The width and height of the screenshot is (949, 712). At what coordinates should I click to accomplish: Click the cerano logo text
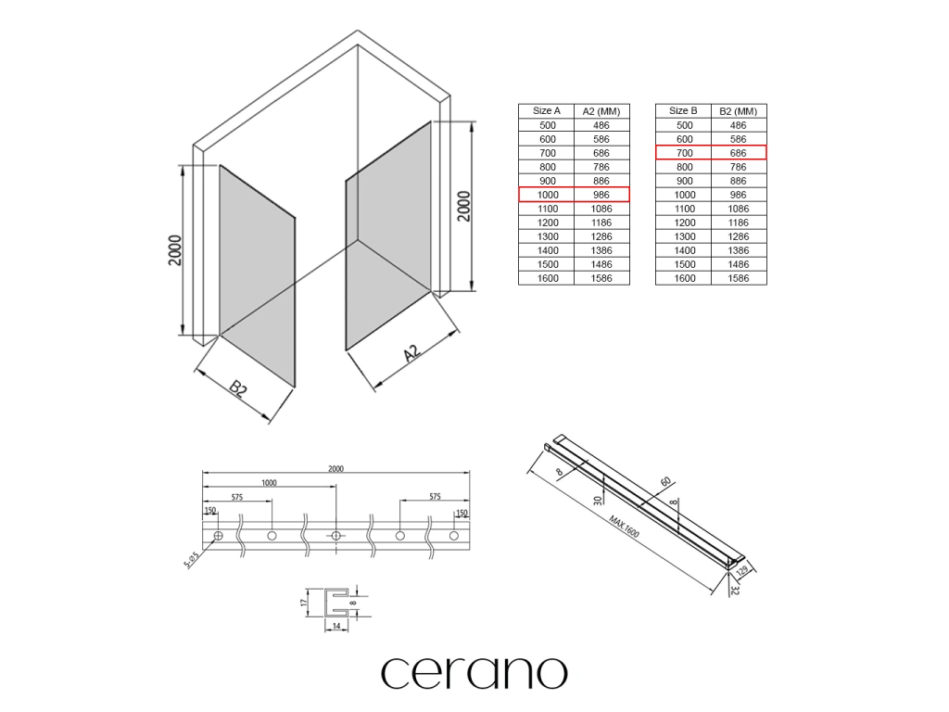[474, 672]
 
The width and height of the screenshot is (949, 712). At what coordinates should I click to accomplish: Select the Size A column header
[547, 111]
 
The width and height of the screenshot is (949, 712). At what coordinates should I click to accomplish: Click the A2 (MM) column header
[601, 111]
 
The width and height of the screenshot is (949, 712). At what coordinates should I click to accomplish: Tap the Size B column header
[683, 111]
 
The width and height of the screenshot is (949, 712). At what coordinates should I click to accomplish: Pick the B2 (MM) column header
[739, 111]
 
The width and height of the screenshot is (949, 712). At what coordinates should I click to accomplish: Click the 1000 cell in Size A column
[547, 195]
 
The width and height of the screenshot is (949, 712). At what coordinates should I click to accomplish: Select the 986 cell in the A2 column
[601, 195]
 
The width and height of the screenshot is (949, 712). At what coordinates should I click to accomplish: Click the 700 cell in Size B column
[684, 153]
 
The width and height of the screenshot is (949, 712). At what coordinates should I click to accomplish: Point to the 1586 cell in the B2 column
[739, 278]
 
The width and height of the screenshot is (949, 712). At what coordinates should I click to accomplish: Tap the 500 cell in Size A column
[547, 125]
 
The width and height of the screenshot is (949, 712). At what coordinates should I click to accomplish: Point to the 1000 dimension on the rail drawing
[269, 483]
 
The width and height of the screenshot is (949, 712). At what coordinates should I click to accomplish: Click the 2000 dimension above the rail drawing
[335, 469]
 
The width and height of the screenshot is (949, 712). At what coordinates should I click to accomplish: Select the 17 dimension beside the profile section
[305, 602]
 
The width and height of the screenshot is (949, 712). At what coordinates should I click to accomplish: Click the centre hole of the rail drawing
[335, 536]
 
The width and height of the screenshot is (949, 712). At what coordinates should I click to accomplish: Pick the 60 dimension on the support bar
[665, 481]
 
